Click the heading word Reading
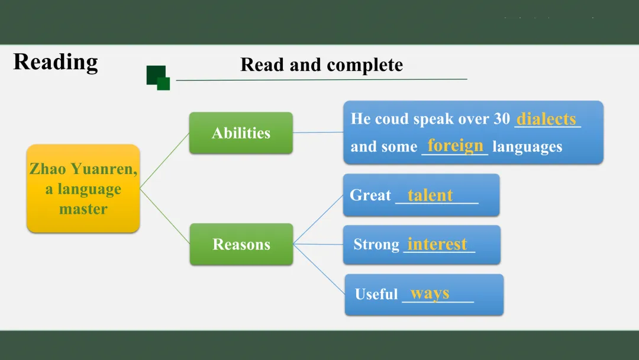(56, 62)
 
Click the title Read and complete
(321, 65)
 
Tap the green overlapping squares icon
(158, 78)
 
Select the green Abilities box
(241, 133)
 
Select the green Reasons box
(241, 244)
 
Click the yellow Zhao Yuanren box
(83, 188)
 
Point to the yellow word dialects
(546, 118)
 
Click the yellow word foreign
(455, 146)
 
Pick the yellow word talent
(430, 195)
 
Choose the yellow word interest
(437, 244)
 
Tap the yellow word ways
(430, 294)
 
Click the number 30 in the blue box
(502, 118)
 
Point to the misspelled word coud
(392, 118)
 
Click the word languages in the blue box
(527, 146)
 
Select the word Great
(370, 195)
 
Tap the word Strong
(376, 244)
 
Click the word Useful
(376, 294)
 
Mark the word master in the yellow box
(83, 209)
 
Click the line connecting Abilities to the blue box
(318, 132)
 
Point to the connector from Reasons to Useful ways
(319, 269)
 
